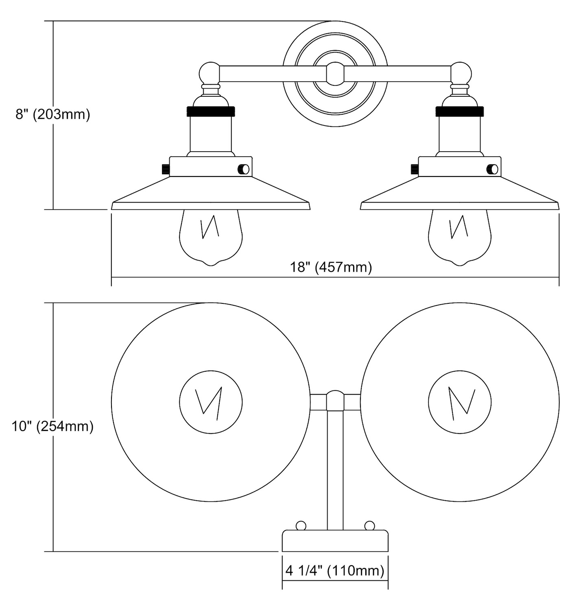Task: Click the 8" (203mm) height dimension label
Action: coord(52,114)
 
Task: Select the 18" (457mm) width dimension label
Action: coord(330,267)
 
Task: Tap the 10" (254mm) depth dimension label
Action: coord(52,426)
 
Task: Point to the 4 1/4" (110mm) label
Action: coord(334,571)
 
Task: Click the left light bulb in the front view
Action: coord(211,237)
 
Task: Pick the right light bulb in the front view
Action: coord(459,237)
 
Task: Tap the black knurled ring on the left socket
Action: coord(211,111)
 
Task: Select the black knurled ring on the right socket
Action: coord(459,111)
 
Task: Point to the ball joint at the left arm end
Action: coord(210,73)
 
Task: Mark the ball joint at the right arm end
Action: coord(461,73)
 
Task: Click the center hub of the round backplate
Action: coord(335,74)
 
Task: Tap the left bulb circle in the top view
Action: coord(211,402)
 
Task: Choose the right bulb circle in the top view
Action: coord(459,402)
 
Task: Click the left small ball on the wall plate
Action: coord(301,525)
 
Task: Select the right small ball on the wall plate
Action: coord(369,525)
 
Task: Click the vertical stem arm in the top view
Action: coord(335,468)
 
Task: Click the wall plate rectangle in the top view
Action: coord(335,540)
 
